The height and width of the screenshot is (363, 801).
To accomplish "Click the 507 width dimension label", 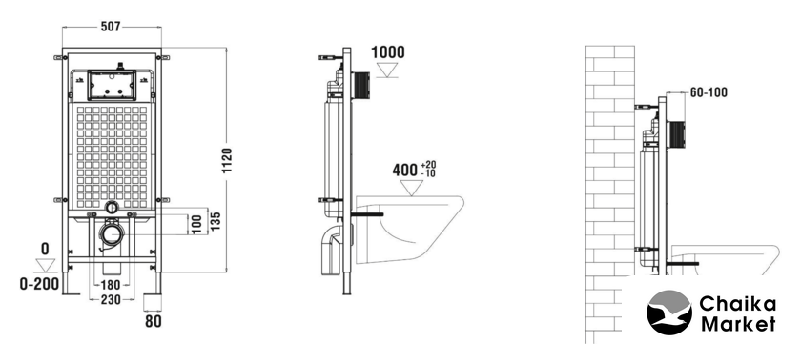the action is point(111,27).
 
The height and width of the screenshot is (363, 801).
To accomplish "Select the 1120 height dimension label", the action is point(227,160).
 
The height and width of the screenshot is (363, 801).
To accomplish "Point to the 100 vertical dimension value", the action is point(197,225).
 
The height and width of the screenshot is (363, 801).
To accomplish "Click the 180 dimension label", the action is point(110,285).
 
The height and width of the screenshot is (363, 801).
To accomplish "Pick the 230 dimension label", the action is point(111,300).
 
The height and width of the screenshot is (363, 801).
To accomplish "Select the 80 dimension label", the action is point(154,321).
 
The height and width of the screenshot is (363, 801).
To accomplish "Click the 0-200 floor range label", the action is point(39,284).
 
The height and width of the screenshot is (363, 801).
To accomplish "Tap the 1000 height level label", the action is point(388,52).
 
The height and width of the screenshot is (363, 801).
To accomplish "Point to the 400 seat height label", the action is point(405,170).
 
